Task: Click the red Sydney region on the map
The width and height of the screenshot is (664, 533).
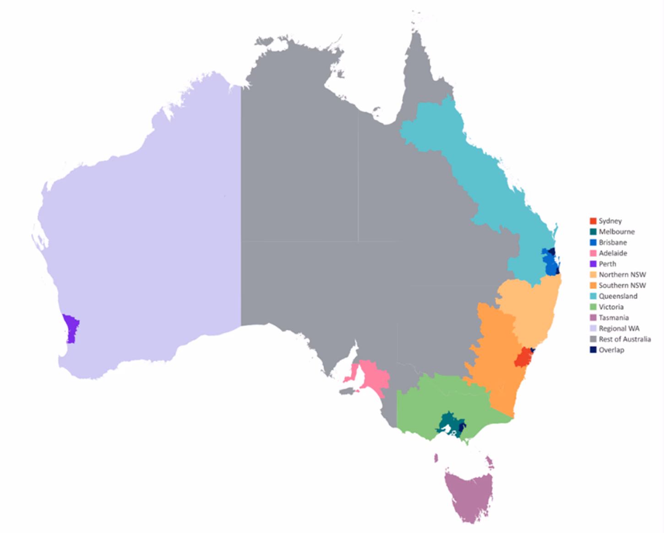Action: coord(521,357)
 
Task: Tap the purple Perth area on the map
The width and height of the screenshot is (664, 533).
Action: coord(71,328)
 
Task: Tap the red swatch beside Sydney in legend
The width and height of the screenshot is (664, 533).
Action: coord(593,221)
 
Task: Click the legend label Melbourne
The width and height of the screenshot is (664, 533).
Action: coord(616,232)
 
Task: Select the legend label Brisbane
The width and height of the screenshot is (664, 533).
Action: coord(613,242)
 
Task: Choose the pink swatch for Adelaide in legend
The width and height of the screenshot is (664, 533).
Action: coord(593,253)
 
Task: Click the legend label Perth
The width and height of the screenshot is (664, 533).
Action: coord(607,264)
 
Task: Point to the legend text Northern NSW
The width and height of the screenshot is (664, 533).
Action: coord(622,275)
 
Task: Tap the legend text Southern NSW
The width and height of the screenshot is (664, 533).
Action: coord(622,285)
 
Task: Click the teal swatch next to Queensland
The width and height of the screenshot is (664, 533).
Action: coord(593,296)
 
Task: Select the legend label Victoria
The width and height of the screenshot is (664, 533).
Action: coord(611,307)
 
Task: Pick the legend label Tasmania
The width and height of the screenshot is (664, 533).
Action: coord(614,317)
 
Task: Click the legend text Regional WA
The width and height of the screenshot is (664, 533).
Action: coord(619,328)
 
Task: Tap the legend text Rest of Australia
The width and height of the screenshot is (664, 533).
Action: coord(625,339)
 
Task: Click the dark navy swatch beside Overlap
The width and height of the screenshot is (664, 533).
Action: coord(593,350)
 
